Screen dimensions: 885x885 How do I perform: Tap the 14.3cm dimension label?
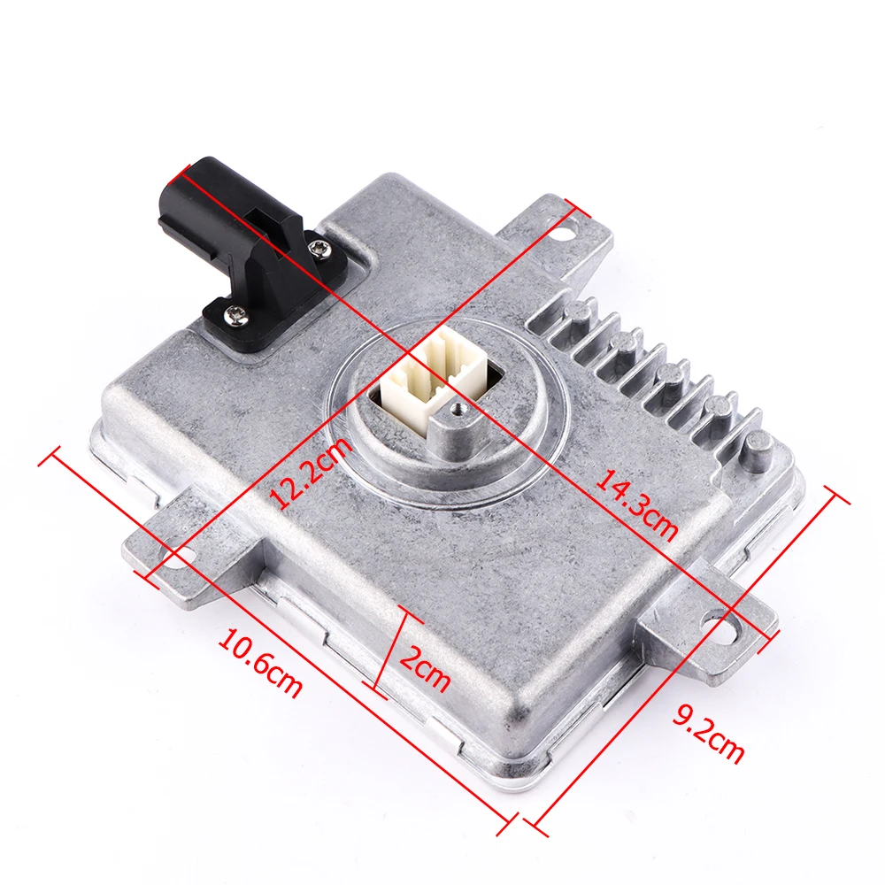point(635,504)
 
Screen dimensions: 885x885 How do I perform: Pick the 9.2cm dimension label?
point(708,731)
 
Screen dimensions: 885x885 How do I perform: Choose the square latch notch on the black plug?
point(263,212)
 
